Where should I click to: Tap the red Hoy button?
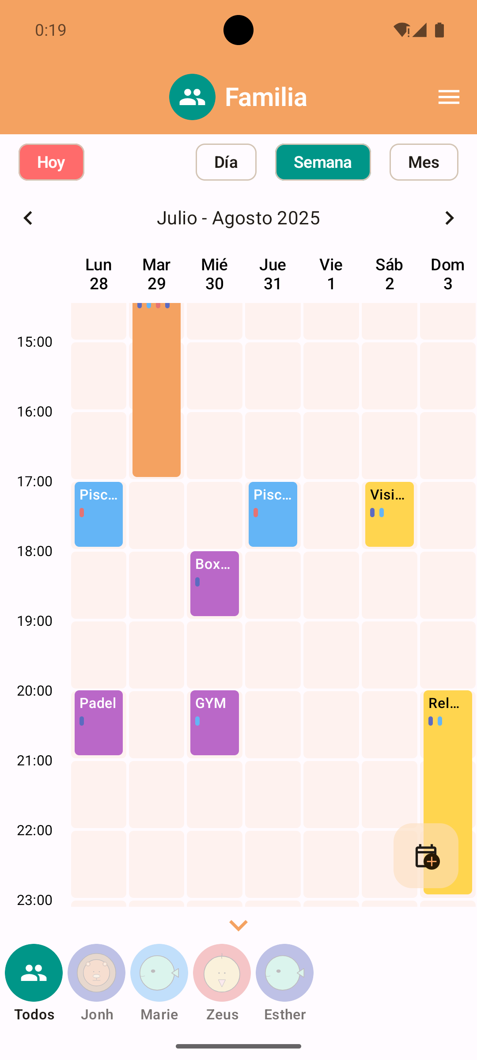click(x=51, y=162)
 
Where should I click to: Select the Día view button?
click(x=226, y=162)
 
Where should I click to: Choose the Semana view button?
click(x=323, y=162)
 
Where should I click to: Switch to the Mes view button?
click(x=424, y=162)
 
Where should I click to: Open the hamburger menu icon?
click(x=449, y=97)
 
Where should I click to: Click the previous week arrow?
click(x=28, y=218)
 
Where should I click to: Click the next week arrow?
click(x=449, y=218)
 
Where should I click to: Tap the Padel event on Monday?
click(x=98, y=723)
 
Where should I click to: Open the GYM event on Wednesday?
click(x=215, y=723)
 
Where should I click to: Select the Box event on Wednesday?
click(x=215, y=583)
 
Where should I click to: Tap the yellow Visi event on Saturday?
click(x=389, y=514)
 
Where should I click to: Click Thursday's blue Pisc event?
click(x=273, y=514)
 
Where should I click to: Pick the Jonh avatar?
click(x=97, y=973)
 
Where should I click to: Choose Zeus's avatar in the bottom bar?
click(x=222, y=973)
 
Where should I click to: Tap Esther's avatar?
click(x=284, y=973)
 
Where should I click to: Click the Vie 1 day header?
click(x=331, y=274)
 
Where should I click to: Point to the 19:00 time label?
click(x=34, y=621)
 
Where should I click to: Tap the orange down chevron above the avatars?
click(x=238, y=925)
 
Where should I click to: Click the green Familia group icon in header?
click(x=192, y=97)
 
